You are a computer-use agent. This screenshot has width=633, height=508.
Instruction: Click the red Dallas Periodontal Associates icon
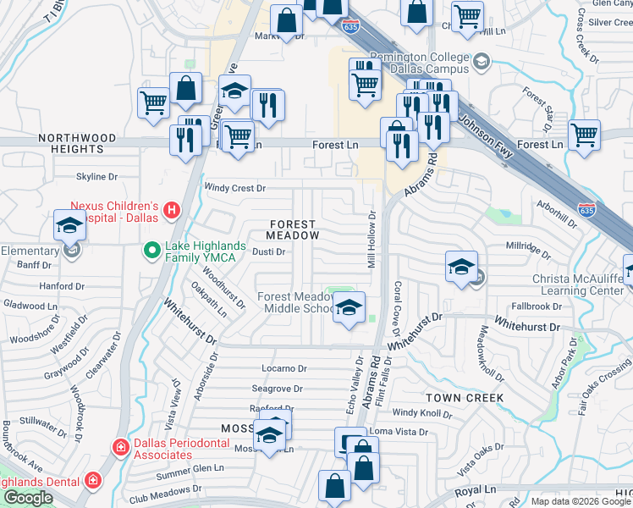121,446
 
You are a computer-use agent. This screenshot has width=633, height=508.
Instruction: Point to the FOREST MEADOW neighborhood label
292,230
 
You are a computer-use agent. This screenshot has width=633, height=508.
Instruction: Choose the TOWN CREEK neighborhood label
465,397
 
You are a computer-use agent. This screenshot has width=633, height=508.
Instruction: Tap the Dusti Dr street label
269,251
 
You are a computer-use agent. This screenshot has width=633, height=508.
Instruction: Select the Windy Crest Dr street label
235,188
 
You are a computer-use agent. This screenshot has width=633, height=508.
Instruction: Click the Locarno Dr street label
283,368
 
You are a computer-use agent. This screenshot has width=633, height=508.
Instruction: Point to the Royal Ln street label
475,490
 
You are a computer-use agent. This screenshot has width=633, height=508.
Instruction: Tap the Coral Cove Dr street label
396,305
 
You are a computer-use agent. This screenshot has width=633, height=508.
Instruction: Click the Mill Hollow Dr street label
371,239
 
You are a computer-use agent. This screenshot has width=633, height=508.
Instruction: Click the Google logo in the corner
28,498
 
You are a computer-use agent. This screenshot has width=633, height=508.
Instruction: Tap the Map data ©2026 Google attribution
581,501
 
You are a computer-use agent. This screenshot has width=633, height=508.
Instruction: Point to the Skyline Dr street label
96,176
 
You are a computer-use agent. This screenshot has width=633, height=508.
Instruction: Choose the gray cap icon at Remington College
482,61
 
